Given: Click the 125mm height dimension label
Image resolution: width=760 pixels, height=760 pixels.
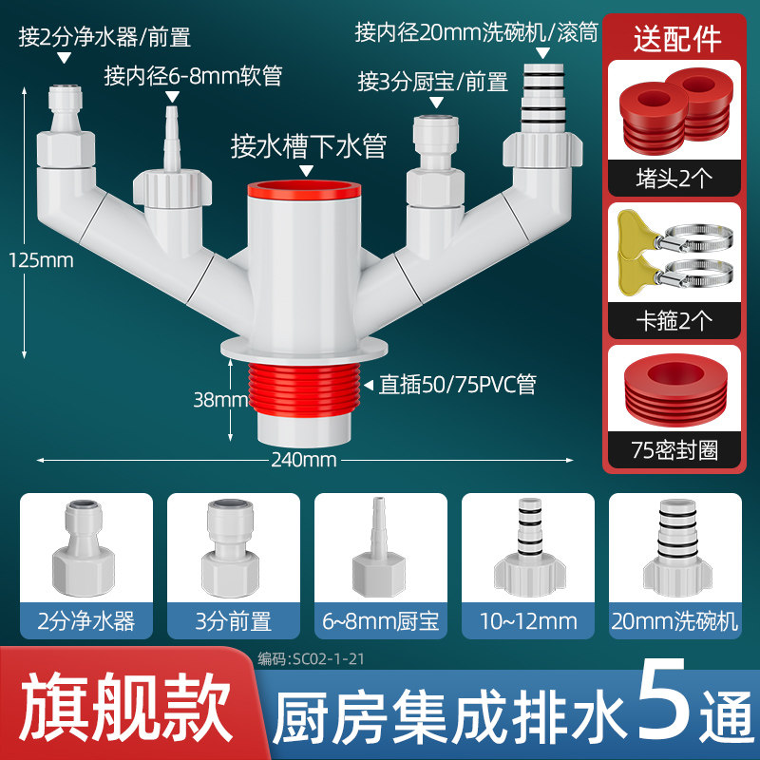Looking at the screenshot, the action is [x=41, y=260].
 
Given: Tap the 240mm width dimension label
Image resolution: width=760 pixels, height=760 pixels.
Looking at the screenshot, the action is [x=304, y=460].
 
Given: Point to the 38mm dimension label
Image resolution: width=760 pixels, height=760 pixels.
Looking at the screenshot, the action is [x=220, y=399].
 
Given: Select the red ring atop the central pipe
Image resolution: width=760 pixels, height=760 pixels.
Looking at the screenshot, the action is [x=304, y=189].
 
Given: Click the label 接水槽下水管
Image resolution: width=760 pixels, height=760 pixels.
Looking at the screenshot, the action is [x=309, y=146].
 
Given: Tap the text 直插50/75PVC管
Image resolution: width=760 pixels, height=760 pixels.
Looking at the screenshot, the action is [x=458, y=385].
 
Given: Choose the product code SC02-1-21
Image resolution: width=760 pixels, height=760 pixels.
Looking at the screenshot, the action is [x=311, y=658].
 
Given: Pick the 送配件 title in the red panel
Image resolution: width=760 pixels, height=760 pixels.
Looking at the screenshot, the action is [x=677, y=39].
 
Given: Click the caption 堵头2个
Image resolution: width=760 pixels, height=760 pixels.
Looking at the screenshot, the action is [x=674, y=179].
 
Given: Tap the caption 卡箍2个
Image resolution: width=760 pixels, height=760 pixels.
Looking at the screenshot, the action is [x=674, y=320].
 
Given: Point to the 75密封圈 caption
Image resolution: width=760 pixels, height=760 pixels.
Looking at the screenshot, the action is [x=674, y=449].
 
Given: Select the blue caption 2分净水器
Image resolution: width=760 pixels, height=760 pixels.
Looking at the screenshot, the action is [x=86, y=621].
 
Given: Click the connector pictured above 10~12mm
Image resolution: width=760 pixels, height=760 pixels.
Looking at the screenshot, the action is [x=529, y=547].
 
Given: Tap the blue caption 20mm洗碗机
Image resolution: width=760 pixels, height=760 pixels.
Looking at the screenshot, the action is [x=674, y=621].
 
